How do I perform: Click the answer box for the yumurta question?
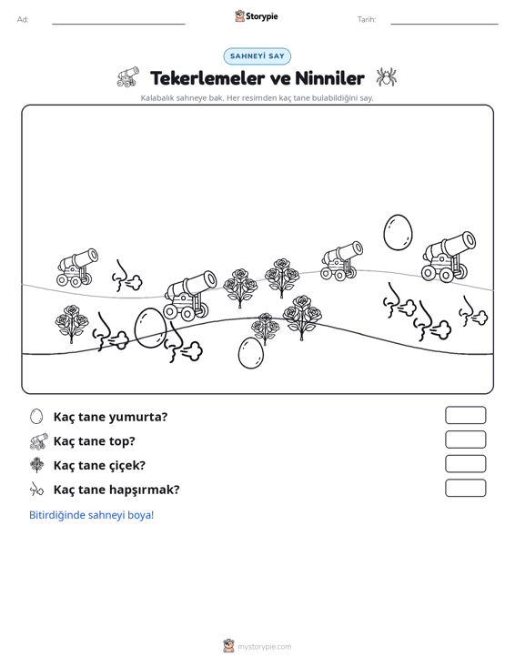coord(465,415)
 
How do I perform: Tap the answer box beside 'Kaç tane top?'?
coord(465,440)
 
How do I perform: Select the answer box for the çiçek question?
coord(465,464)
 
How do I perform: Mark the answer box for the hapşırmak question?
coord(465,488)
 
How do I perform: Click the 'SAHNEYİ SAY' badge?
coord(257,56)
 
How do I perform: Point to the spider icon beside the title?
coord(386,76)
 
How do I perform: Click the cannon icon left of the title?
coord(128,76)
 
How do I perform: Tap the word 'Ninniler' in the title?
coord(329,78)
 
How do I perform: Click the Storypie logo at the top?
coord(257,16)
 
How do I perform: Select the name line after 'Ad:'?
coord(118,24)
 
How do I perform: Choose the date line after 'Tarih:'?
coord(444,24)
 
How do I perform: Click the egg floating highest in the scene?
coord(398,232)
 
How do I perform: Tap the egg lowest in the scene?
coord(251,353)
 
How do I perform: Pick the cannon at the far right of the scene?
coord(449,257)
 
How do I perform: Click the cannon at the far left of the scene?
coord(77,268)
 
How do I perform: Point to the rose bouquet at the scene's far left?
coord(72,323)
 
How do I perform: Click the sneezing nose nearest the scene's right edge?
coord(473,311)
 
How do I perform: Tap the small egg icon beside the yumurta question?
coord(36,417)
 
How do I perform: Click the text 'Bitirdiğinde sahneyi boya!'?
coord(91,515)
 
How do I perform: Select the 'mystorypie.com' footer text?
coord(265,647)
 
